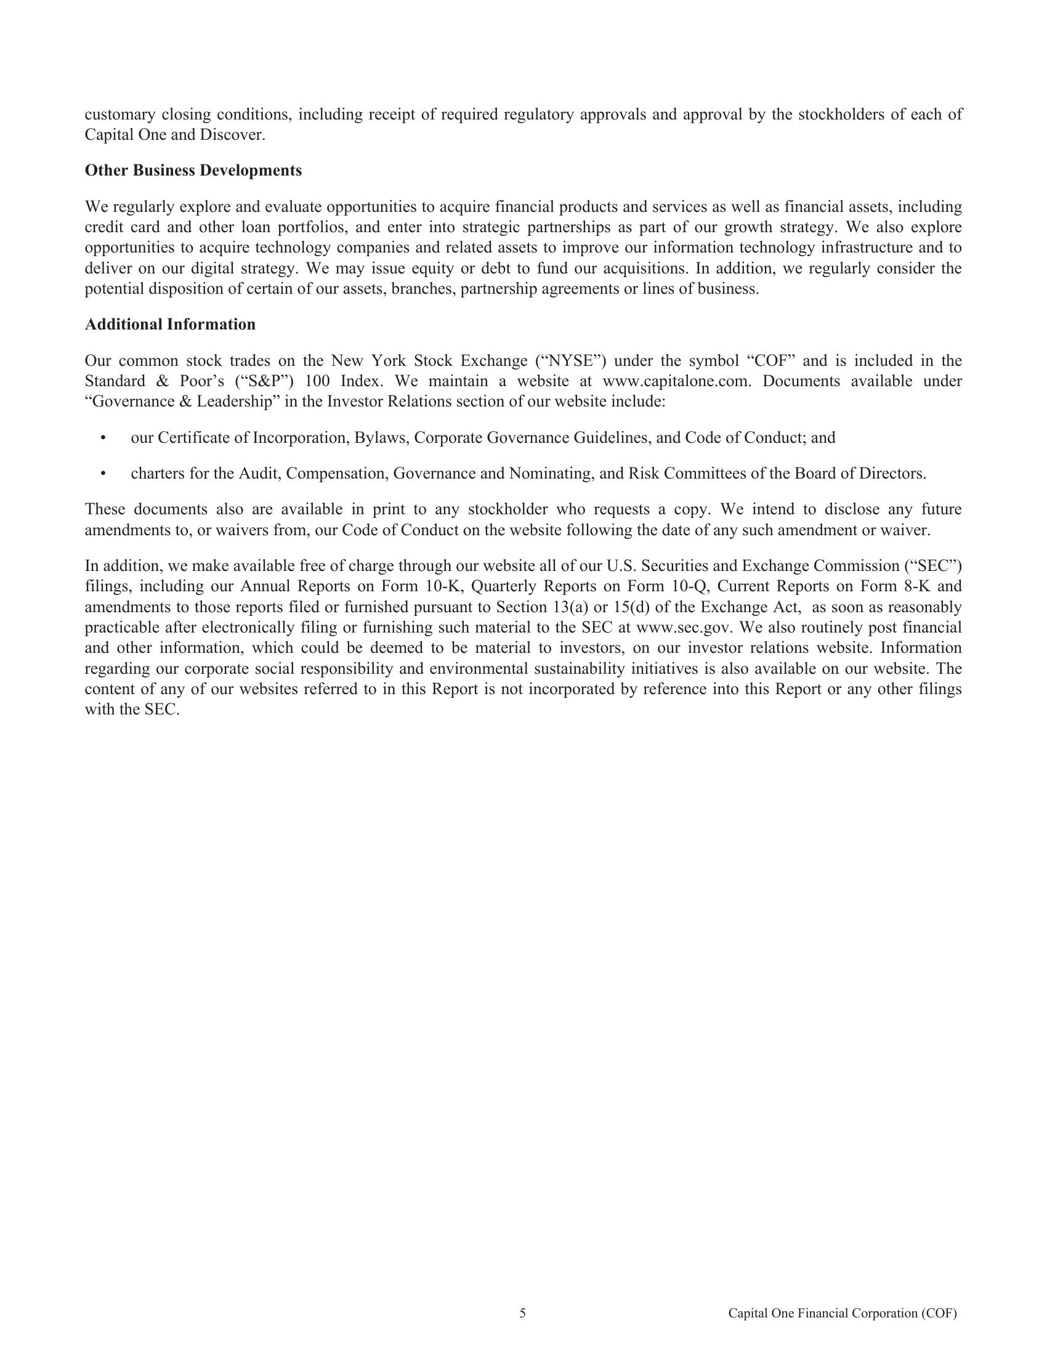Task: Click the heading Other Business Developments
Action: point(193,171)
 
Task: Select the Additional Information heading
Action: point(170,325)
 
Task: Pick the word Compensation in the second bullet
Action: point(337,474)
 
